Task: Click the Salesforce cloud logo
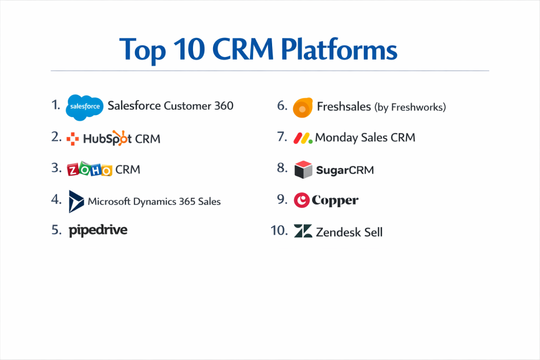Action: click(x=85, y=108)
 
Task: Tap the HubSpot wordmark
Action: click(x=107, y=138)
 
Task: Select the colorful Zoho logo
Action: click(x=90, y=169)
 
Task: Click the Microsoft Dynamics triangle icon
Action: click(x=76, y=201)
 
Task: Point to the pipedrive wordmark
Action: click(x=98, y=230)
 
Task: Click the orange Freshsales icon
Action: click(x=303, y=108)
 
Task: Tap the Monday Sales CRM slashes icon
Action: click(x=303, y=138)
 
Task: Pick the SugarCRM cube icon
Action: click(x=303, y=170)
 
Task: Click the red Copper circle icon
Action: click(x=301, y=200)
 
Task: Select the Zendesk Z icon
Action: click(x=303, y=231)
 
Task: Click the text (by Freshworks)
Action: click(x=410, y=108)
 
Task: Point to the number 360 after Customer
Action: click(x=224, y=105)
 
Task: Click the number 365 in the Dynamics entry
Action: click(x=187, y=201)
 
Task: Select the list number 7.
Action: click(x=282, y=137)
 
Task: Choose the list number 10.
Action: click(x=279, y=230)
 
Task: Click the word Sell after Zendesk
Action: click(x=373, y=232)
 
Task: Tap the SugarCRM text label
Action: click(x=345, y=170)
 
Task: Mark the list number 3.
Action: click(x=56, y=168)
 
